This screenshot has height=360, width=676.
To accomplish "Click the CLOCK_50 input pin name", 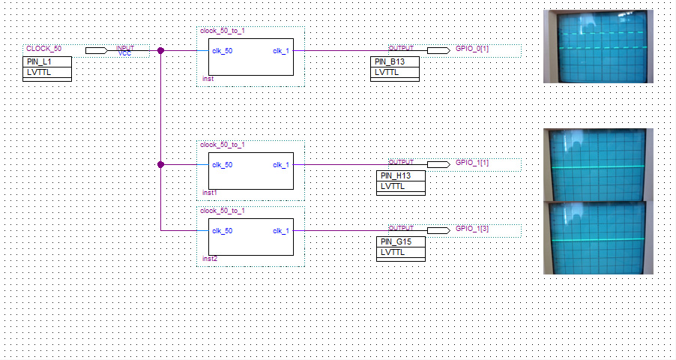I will pos(44,48).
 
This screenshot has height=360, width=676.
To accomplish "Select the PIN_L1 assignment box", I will pos(38,61).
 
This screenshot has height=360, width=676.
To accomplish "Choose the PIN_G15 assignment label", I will pos(396,241).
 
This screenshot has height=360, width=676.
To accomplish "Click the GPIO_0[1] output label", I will pos(472,49).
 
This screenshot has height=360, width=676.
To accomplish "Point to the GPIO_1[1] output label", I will pos(472,163).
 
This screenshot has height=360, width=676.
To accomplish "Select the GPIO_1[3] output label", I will pos(472,228).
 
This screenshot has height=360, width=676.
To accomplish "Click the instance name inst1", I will pos(209,193).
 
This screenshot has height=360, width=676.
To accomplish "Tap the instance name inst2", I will pos(209,259).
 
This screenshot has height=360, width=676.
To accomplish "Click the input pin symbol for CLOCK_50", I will pos(96,51).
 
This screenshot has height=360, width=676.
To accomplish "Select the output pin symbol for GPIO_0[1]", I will pos(438,51).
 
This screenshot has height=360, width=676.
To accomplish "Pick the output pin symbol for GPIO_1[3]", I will pos(438,230).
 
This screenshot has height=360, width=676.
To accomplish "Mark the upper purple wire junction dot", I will pos(160,51).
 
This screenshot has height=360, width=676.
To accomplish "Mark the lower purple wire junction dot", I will pos(160,165).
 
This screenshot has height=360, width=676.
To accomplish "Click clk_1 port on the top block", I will pos(281,51).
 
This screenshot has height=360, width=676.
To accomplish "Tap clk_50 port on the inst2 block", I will pos(222,230).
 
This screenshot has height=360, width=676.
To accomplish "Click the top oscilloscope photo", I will pos(598,46).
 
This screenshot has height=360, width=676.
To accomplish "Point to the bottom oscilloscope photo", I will pos(598,238).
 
